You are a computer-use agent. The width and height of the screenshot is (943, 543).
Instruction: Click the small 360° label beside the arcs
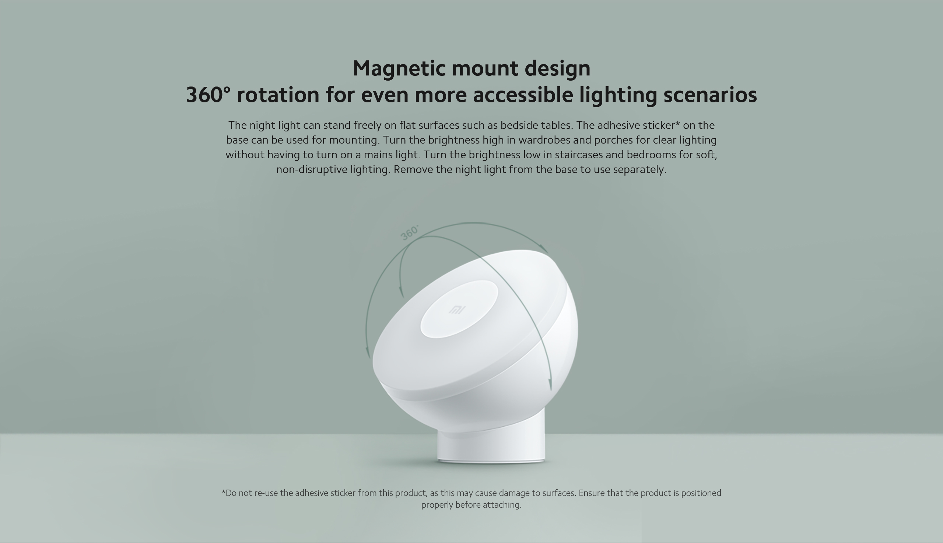pos(409,233)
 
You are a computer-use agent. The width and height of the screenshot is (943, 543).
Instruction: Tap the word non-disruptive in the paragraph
pos(312,170)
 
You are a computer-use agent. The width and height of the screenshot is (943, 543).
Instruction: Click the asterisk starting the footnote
pos(223,492)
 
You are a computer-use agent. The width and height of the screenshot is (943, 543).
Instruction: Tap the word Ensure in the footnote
pos(592,493)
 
